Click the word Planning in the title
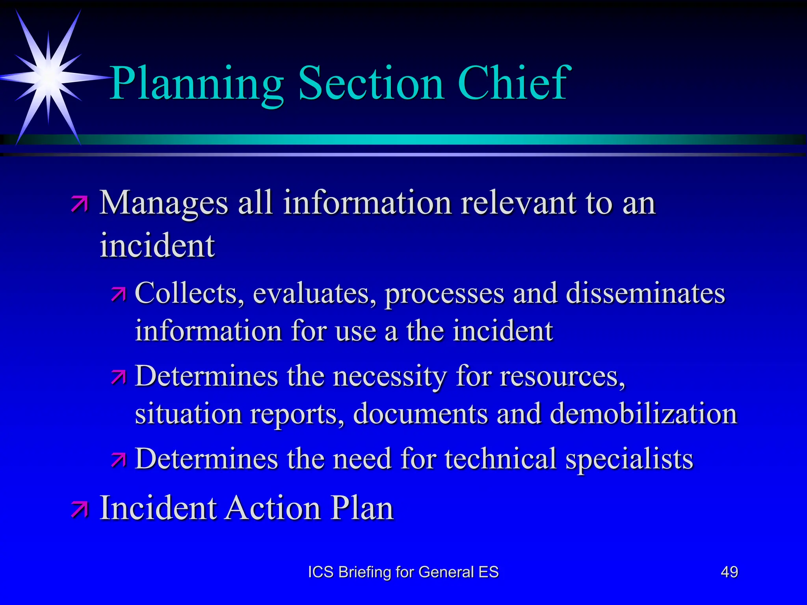(196, 84)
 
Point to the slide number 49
(729, 572)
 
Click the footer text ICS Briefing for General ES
(403, 572)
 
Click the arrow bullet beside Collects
(118, 294)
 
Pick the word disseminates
(645, 293)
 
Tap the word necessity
(390, 376)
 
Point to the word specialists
(629, 459)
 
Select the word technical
(500, 459)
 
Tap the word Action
(273, 508)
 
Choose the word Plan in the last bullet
(362, 508)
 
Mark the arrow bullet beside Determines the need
(118, 460)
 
